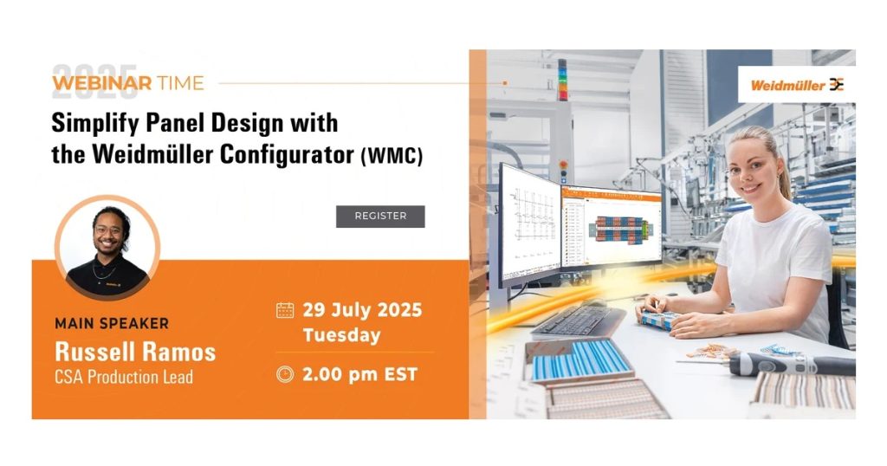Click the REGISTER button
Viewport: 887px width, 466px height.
tap(380, 216)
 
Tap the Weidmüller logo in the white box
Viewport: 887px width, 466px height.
tap(797, 85)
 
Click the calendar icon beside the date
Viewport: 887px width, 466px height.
tap(284, 310)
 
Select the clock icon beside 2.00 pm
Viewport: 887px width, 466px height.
tap(284, 374)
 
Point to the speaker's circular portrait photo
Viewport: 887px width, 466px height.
tap(107, 248)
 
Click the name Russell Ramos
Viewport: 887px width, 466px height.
tap(135, 352)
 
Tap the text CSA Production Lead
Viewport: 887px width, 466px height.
tap(124, 377)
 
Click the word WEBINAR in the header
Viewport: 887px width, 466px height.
tap(102, 83)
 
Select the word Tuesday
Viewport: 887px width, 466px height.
tap(341, 335)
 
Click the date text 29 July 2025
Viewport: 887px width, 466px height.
tap(362, 310)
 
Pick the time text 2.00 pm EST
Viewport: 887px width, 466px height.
tap(359, 374)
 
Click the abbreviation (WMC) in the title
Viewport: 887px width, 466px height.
tap(392, 156)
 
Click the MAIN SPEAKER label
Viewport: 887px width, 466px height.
tap(112, 323)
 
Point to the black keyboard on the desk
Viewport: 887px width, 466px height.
tap(577, 322)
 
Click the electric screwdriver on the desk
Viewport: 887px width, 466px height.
tap(792, 364)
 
